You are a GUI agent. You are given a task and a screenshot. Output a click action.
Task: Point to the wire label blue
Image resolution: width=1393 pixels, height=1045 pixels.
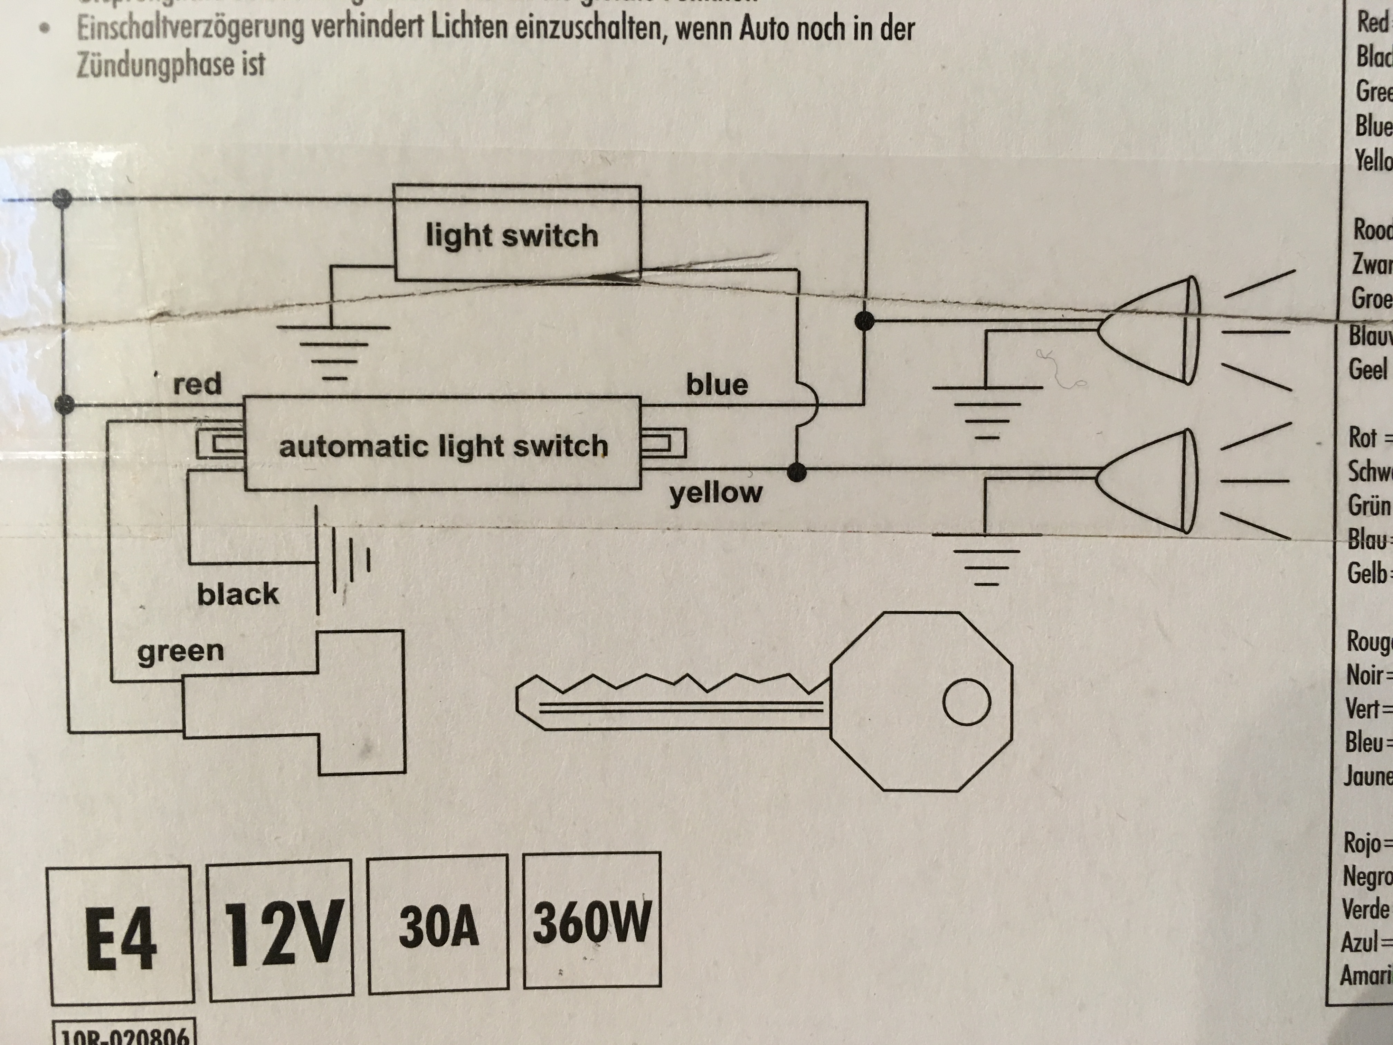coord(717,384)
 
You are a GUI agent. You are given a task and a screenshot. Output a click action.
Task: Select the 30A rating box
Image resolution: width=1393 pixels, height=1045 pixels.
coord(438,928)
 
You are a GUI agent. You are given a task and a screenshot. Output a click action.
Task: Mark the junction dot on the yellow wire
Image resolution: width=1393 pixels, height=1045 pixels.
coord(797,471)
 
